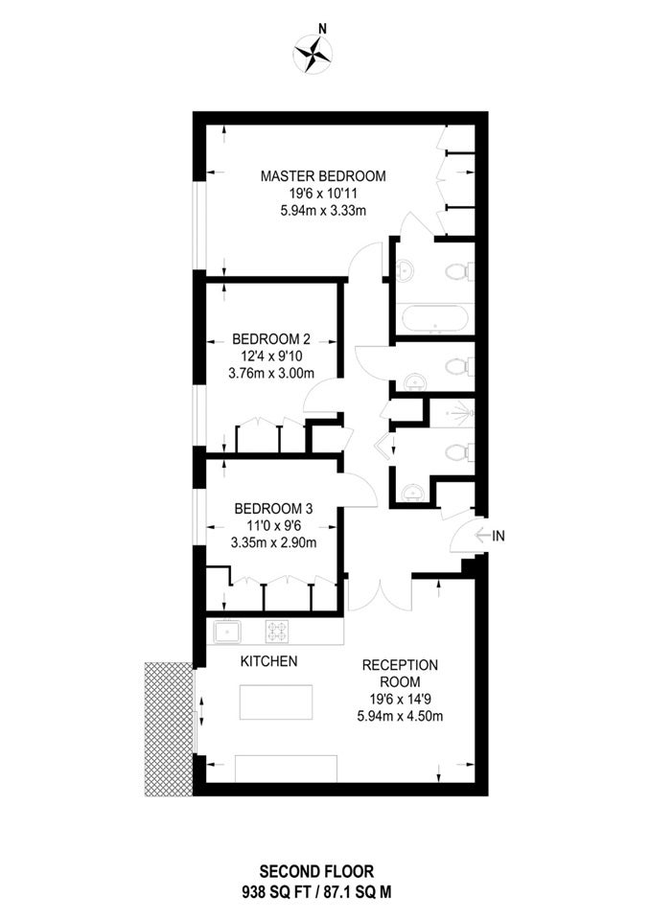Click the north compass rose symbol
[x=313, y=54]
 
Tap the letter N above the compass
[x=322, y=28]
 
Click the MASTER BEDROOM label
[x=323, y=175]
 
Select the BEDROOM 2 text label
[x=271, y=339]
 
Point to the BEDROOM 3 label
[x=273, y=508]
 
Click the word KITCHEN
[x=269, y=661]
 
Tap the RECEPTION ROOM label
[x=400, y=674]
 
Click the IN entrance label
[x=498, y=536]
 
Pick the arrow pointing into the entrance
[x=481, y=536]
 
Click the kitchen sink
[x=227, y=633]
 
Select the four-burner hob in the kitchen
[x=276, y=632]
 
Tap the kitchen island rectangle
[x=276, y=701]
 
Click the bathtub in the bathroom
[x=434, y=319]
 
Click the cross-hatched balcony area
[x=169, y=729]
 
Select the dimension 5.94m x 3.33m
[x=323, y=211]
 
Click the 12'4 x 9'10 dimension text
[x=271, y=356]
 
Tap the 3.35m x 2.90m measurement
[x=273, y=542]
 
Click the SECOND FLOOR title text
[x=316, y=871]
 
